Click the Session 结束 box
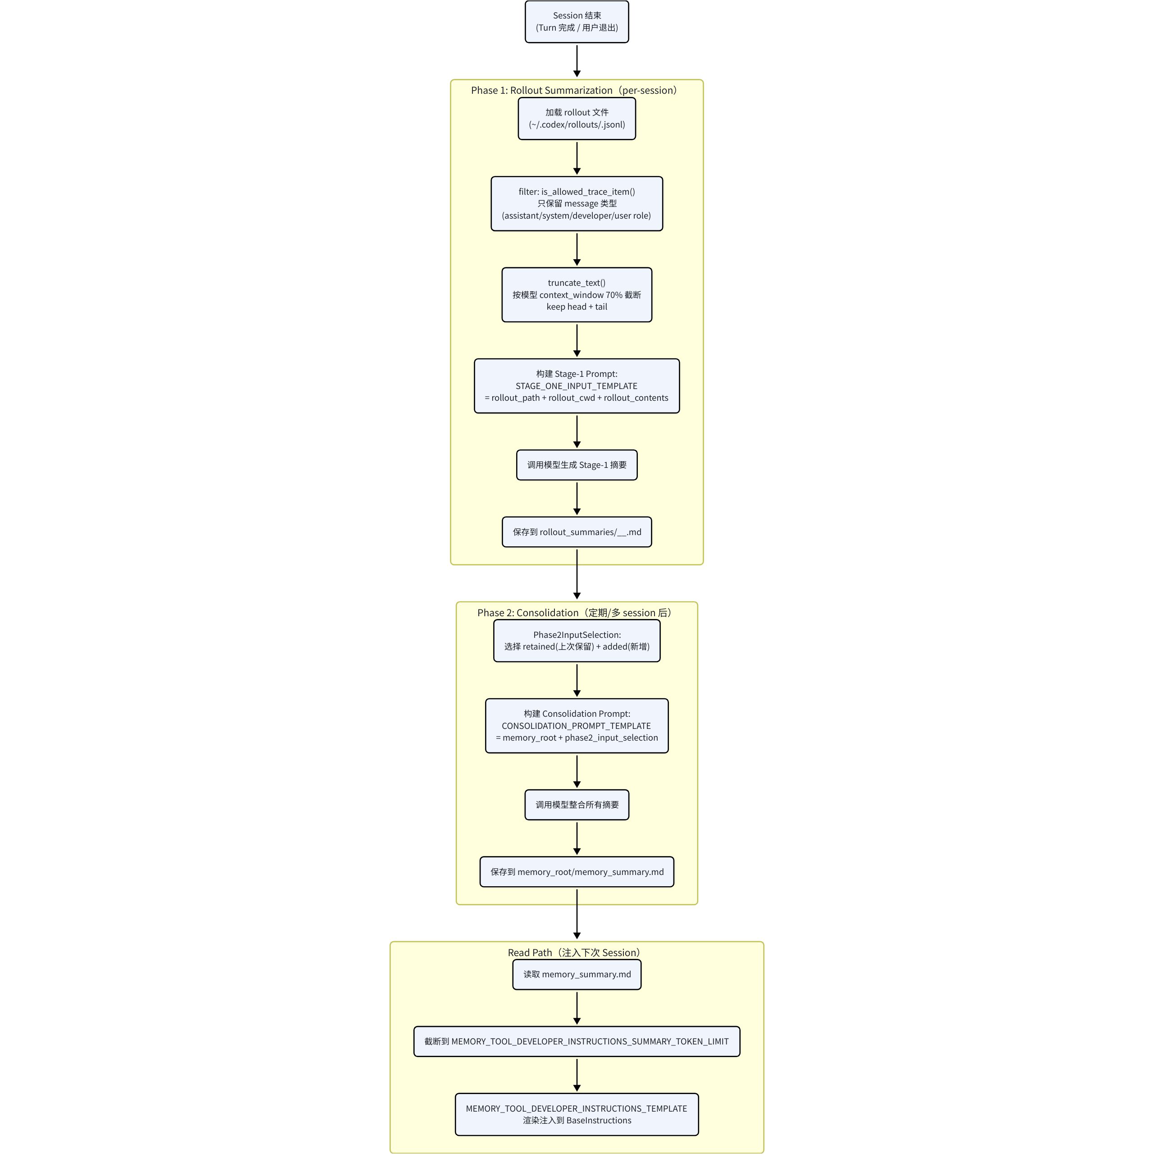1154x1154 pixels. point(577,22)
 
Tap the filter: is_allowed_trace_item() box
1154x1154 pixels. point(577,204)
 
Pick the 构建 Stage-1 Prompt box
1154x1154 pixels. point(577,386)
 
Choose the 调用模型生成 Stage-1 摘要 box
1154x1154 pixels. point(577,465)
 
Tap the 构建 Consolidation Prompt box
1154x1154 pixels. point(577,726)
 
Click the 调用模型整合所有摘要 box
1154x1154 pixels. point(577,805)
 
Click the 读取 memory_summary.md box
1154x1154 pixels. point(577,975)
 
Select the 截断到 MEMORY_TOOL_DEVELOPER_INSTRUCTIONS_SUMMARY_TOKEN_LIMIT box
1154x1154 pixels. point(577,1042)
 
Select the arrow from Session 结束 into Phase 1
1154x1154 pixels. point(577,60)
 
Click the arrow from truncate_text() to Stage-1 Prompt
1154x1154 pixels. point(577,340)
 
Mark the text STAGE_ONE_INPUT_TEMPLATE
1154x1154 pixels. point(577,386)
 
